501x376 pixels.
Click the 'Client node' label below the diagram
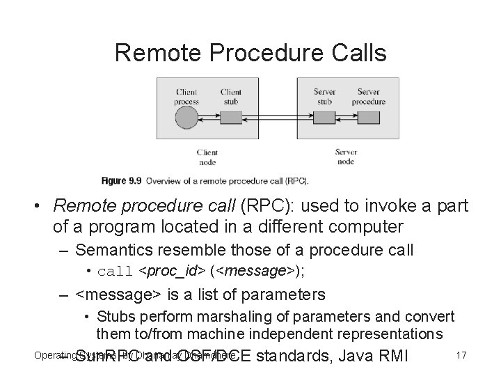click(x=207, y=157)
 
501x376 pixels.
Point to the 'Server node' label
click(x=346, y=156)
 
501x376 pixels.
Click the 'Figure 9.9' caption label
click(x=121, y=181)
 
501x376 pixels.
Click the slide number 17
click(x=460, y=356)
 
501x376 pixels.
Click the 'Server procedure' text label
click(x=368, y=97)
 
